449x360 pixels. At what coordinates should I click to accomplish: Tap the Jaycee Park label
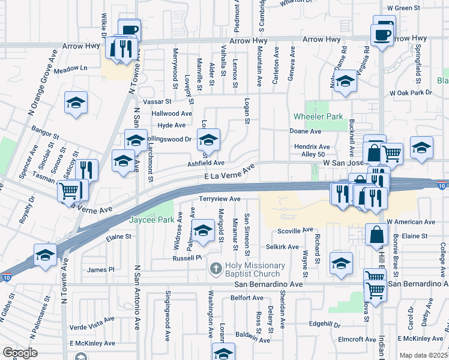click(x=151, y=220)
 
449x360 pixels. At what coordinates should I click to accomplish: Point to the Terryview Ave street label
click(x=220, y=199)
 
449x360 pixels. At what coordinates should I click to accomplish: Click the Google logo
click(x=19, y=353)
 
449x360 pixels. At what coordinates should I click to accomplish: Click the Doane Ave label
click(x=306, y=131)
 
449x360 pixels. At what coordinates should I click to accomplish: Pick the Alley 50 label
click(x=313, y=154)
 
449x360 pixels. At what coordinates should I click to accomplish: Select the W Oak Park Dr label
click(x=411, y=93)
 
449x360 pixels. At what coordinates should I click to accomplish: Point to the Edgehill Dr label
click(x=325, y=325)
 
